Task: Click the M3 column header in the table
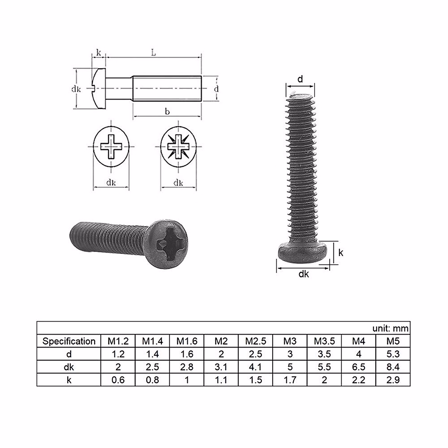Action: point(290,341)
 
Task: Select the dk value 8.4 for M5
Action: point(393,367)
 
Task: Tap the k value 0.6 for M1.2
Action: point(118,380)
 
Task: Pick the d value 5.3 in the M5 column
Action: point(393,354)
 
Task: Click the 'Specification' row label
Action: point(69,341)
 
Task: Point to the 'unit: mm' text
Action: point(391,328)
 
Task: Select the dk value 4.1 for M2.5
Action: point(256,367)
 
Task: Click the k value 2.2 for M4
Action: point(358,380)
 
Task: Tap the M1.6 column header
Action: point(187,341)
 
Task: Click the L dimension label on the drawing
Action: point(153,53)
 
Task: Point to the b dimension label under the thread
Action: point(167,112)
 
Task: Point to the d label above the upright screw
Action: point(300,79)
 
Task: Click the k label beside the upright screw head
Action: point(340,253)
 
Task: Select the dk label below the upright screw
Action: point(304,274)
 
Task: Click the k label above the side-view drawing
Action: point(99,53)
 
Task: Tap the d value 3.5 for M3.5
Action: point(324,354)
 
